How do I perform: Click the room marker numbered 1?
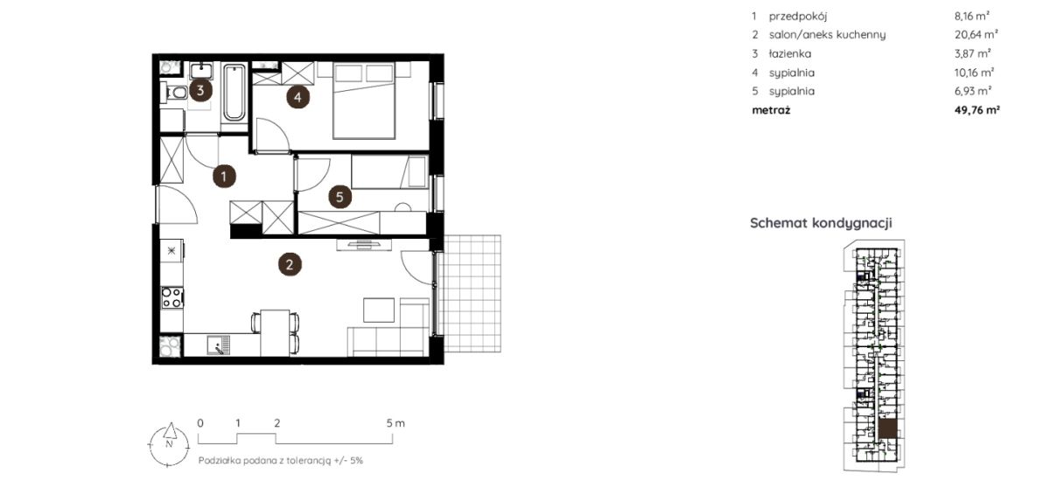click(224, 177)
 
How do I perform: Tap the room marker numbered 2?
click(290, 265)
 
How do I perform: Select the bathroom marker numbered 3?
click(200, 90)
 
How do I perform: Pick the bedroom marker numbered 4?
click(297, 97)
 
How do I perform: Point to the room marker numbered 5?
click(339, 197)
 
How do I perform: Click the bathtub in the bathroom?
click(234, 92)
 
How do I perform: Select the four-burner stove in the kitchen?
click(171, 298)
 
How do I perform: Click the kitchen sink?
click(218, 345)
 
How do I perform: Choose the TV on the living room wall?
click(363, 245)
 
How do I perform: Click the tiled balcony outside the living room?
click(472, 294)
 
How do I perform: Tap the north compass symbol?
click(169, 444)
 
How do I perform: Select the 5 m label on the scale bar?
click(395, 423)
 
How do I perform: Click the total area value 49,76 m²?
click(976, 110)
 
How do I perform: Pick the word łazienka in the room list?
click(790, 54)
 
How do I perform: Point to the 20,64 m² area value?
click(976, 34)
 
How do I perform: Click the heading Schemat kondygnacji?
click(821, 223)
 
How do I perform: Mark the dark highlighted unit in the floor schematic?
click(887, 429)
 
